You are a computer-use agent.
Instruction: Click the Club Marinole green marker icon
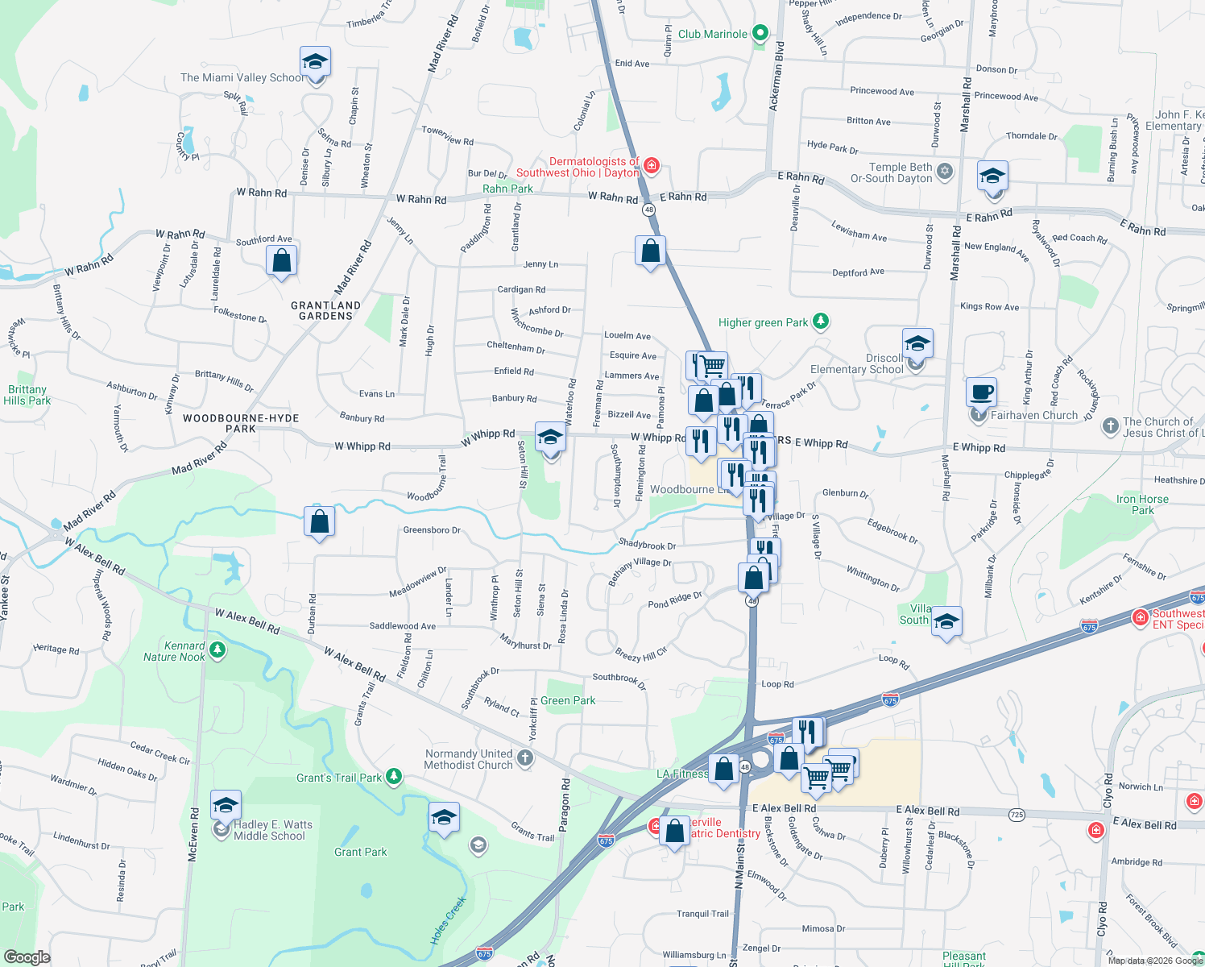760,34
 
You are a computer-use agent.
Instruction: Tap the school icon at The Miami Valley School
315,62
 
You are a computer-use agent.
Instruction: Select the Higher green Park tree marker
821,322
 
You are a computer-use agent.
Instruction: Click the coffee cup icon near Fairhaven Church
981,393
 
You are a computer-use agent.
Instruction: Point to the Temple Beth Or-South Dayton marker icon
945,172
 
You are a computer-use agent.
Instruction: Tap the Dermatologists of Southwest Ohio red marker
652,167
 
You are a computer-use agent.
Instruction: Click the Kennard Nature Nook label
175,651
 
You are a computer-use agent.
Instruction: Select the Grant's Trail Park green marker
394,777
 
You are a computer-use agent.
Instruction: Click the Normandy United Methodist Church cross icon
525,757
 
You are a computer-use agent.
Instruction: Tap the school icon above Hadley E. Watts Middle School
226,806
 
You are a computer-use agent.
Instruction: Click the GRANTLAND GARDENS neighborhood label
325,310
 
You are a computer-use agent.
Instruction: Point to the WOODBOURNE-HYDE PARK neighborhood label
241,423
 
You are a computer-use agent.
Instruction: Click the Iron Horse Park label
1142,504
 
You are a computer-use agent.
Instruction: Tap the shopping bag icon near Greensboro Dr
319,522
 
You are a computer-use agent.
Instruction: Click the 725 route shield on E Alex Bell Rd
1017,815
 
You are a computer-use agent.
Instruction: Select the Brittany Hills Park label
27,395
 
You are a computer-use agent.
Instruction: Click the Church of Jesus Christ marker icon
1110,426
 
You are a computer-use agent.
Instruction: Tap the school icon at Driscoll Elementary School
917,345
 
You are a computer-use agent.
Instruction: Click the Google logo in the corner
27,957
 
